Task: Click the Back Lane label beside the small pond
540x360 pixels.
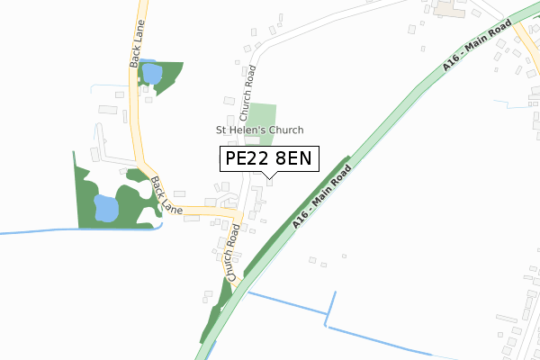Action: [135, 51]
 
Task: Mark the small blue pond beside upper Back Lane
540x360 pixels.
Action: [151, 72]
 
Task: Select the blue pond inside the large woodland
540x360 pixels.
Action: [106, 209]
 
